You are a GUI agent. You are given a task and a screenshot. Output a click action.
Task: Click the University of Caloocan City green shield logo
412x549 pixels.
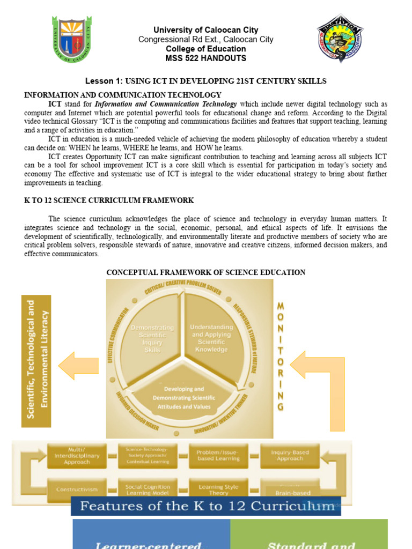pos(71,39)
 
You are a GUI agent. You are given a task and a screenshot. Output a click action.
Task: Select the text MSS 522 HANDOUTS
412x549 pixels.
pos(206,58)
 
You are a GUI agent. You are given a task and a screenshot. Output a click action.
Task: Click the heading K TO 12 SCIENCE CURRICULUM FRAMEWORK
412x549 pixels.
pos(109,201)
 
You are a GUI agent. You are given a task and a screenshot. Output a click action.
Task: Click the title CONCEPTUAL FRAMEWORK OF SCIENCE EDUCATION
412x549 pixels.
pos(206,272)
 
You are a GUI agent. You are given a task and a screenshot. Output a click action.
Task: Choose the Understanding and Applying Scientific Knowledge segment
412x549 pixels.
pos(212,338)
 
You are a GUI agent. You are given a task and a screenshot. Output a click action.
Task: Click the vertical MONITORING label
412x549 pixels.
pos(280,356)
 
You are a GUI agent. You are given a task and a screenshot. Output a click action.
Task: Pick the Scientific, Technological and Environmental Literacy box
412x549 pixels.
pos(36,361)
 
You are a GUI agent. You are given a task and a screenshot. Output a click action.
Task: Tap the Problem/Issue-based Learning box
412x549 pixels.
pos(218,456)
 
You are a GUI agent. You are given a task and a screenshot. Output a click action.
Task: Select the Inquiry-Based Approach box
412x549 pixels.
pos(290,456)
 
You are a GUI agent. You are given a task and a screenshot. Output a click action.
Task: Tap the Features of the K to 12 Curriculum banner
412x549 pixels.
pos(206,506)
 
